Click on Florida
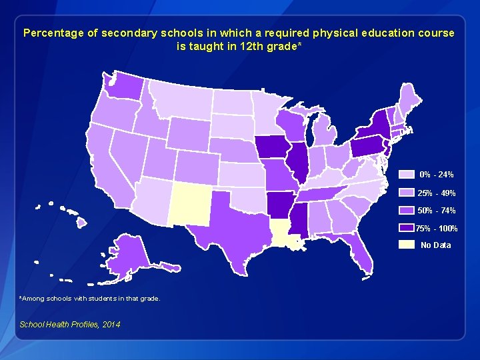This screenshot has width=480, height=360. point(361,254)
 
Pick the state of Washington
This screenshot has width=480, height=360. point(123,85)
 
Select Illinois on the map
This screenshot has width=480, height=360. point(297,161)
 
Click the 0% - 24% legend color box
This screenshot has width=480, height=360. point(407,175)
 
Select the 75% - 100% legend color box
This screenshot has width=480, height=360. point(407,228)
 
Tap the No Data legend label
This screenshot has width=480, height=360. point(435,245)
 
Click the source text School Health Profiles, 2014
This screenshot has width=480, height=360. point(70,324)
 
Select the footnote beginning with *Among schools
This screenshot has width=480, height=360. point(90,299)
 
